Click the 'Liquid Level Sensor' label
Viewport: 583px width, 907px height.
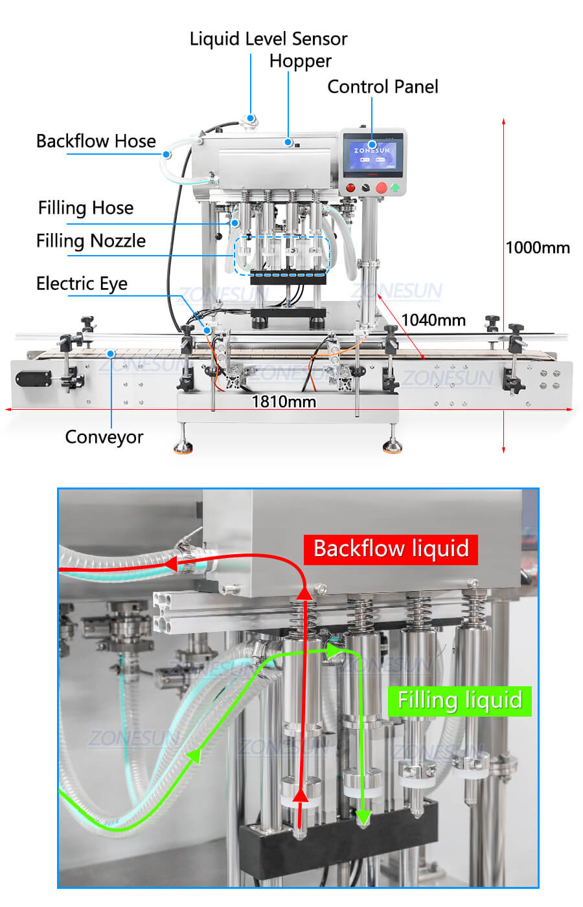click(x=268, y=39)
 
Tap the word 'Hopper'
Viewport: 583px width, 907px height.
click(x=300, y=62)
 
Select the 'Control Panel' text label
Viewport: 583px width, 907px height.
click(x=382, y=87)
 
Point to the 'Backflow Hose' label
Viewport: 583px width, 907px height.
click(x=96, y=141)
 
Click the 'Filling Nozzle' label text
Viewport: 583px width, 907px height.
click(x=91, y=241)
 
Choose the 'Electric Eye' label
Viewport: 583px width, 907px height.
click(x=82, y=284)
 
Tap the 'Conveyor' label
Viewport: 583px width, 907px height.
click(x=104, y=437)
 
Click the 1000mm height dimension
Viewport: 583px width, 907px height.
click(x=538, y=247)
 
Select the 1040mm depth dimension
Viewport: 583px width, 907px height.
click(x=433, y=320)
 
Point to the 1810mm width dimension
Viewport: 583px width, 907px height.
click(x=284, y=402)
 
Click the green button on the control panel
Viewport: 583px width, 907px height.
click(x=394, y=188)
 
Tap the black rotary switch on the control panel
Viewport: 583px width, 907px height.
click(x=365, y=188)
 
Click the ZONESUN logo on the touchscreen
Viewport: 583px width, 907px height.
click(x=372, y=151)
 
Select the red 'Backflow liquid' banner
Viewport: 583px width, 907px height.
click(x=391, y=549)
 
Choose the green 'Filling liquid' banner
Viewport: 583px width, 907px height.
click(x=459, y=700)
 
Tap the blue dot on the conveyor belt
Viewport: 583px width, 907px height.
click(x=111, y=353)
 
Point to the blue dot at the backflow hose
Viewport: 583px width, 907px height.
click(x=166, y=154)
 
